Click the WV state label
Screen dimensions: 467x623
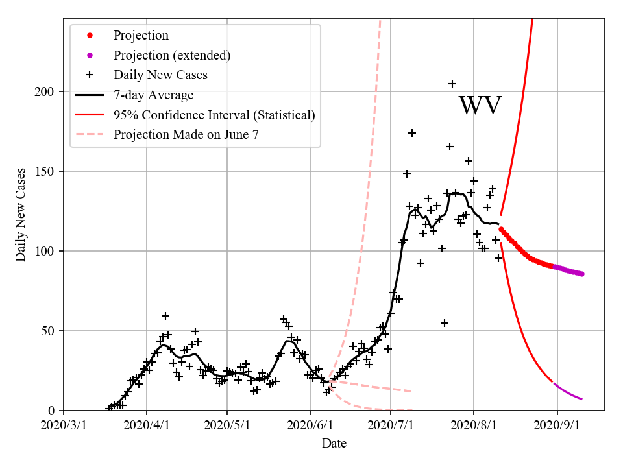[x=480, y=106]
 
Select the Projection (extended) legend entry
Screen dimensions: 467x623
[x=171, y=55]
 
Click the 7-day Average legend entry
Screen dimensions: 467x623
[x=153, y=95]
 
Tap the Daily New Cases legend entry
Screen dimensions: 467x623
[x=160, y=75]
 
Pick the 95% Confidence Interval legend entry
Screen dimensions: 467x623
[x=214, y=115]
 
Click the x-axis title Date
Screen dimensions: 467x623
[x=334, y=444]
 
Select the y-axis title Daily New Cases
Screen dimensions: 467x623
[x=21, y=214]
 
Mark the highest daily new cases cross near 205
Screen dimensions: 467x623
[x=452, y=84]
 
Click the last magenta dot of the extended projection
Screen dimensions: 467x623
[x=581, y=274]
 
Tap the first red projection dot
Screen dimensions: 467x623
[x=501, y=228]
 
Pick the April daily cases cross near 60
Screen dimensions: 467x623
[x=165, y=316]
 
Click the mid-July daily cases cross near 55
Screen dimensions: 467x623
[x=445, y=323]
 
